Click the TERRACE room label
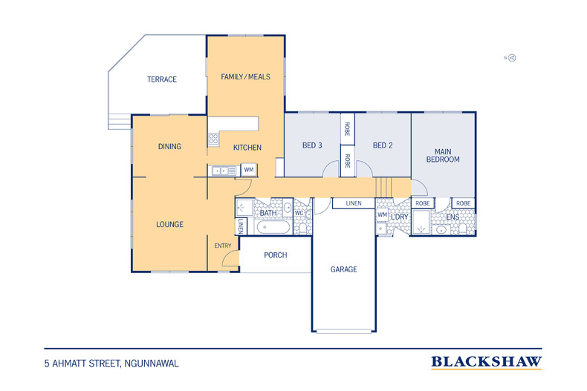click(x=162, y=79)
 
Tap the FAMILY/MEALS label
click(x=246, y=76)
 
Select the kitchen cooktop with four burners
click(x=213, y=139)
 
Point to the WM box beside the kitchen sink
click(x=249, y=170)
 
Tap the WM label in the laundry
click(x=382, y=214)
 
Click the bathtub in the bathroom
click(x=272, y=227)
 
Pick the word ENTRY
click(x=223, y=246)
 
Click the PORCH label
click(x=276, y=255)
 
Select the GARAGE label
click(x=344, y=269)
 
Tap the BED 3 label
click(x=312, y=145)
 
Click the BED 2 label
click(x=383, y=145)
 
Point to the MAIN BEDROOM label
click(x=443, y=156)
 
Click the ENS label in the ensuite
click(x=453, y=217)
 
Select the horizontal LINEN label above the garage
click(x=354, y=203)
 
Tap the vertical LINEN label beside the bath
click(x=241, y=226)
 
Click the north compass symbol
click(x=510, y=58)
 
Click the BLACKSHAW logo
click(x=486, y=362)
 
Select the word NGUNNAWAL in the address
click(x=152, y=364)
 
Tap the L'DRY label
click(x=399, y=217)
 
